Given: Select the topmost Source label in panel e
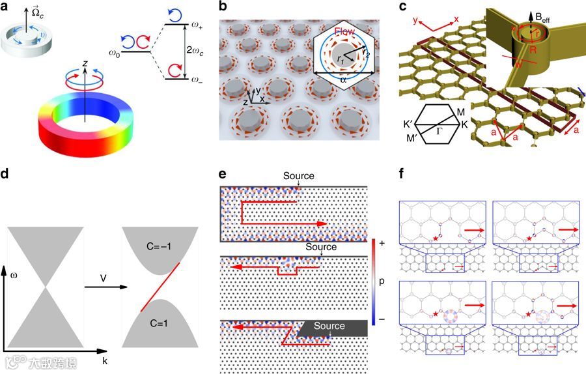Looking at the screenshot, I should [x=298, y=176].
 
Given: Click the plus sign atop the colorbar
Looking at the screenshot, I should [x=382, y=242].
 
